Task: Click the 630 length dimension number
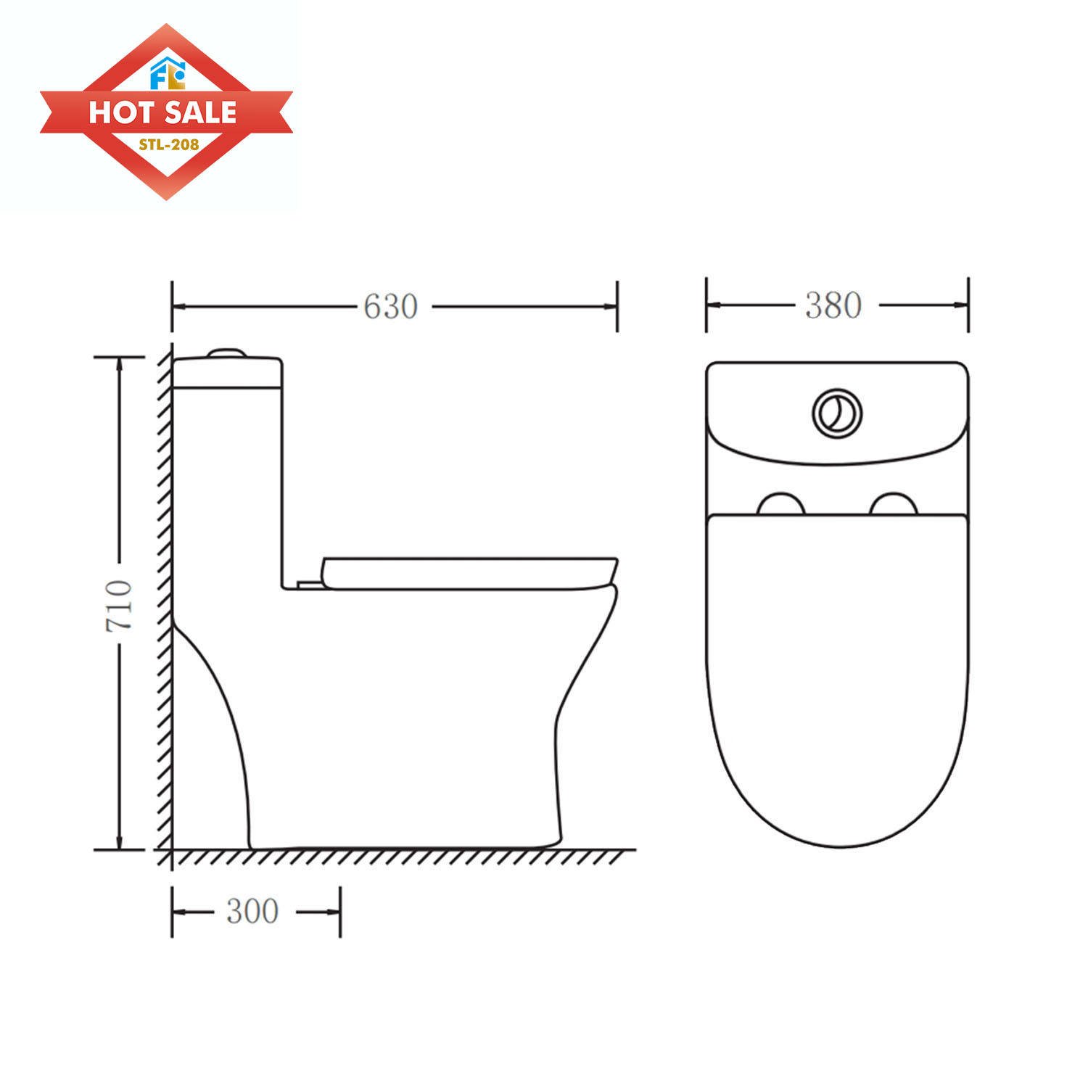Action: [390, 307]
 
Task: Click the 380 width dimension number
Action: [833, 305]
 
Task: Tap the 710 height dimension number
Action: [120, 604]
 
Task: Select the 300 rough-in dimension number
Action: [252, 912]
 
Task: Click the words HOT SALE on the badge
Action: [163, 112]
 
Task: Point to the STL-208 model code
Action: [169, 144]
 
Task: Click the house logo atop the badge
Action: [168, 73]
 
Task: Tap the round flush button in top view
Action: [837, 413]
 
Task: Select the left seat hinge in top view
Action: [780, 505]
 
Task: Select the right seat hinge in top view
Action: [894, 505]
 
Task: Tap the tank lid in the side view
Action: [227, 371]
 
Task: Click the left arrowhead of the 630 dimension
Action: [178, 307]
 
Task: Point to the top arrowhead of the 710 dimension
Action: [120, 363]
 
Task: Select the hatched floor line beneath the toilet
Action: [399, 857]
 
